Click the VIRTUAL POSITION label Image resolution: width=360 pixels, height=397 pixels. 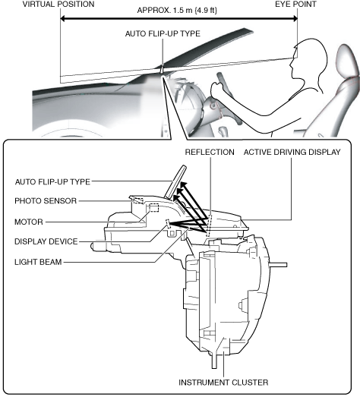[58, 5]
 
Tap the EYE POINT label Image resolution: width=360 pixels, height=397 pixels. [295, 5]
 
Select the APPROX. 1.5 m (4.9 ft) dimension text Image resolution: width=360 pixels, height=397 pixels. [177, 11]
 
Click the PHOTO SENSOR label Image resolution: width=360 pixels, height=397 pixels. [46, 201]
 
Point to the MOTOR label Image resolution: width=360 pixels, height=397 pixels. [29, 222]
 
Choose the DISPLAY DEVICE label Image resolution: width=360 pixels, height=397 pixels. [46, 241]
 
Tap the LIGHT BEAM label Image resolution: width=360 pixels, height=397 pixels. [38, 262]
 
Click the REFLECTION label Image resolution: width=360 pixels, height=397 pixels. [210, 152]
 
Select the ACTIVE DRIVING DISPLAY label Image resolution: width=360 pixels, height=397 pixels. [292, 152]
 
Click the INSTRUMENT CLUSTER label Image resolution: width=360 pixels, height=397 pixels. [223, 383]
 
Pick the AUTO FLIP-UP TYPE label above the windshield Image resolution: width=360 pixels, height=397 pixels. [163, 33]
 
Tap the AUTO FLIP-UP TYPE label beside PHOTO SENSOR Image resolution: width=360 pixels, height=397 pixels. [52, 181]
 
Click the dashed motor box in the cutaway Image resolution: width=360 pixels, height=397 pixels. [154, 207]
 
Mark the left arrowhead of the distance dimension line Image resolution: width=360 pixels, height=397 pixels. [63, 18]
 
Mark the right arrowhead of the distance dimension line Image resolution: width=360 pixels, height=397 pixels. [295, 18]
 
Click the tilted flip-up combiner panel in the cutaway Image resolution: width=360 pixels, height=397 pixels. [175, 181]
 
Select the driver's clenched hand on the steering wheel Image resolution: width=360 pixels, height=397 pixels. [217, 89]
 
